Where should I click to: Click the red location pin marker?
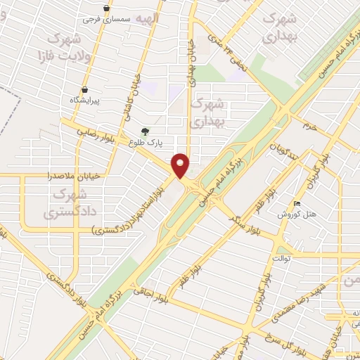(181, 165)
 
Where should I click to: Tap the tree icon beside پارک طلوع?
(146, 131)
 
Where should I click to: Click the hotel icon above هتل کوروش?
(297, 203)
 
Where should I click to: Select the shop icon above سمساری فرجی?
(106, 8)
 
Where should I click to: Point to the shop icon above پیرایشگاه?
(85, 90)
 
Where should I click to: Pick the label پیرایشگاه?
(85, 101)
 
